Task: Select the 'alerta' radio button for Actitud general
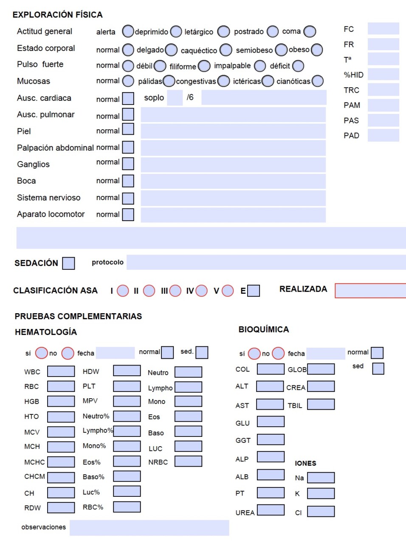click(128, 31)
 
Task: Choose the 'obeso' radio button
click(317, 50)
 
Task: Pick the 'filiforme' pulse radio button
click(204, 66)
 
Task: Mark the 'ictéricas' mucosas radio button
click(268, 81)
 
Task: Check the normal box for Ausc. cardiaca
click(128, 99)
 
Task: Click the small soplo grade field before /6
click(175, 98)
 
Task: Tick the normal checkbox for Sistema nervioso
click(128, 198)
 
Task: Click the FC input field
click(383, 28)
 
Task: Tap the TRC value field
click(383, 90)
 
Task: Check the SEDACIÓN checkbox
click(68, 263)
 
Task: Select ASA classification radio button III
click(175, 291)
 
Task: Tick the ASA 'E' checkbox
click(254, 291)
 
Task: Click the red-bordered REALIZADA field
click(370, 291)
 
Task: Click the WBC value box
click(61, 371)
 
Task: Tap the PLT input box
click(127, 386)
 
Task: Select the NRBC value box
click(188, 461)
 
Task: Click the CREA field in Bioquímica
click(321, 386)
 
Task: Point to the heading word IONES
click(305, 463)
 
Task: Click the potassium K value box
click(321, 493)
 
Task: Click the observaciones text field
click(149, 528)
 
